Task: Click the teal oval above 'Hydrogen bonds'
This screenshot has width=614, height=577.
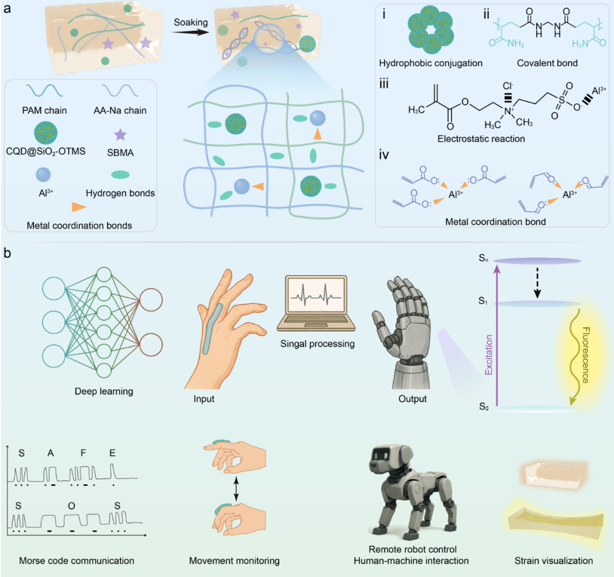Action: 118,174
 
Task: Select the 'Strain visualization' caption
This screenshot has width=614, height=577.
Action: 554,561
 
